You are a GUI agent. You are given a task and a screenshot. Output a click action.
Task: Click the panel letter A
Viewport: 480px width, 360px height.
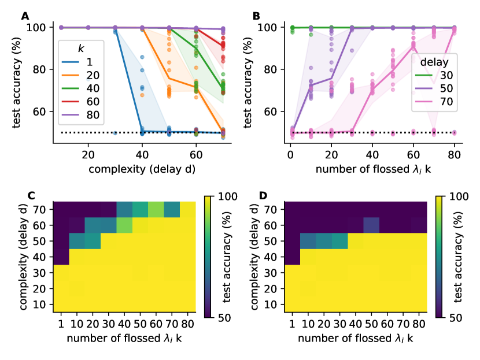pos(25,16)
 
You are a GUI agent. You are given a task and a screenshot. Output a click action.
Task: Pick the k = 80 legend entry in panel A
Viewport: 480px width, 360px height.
pos(83,116)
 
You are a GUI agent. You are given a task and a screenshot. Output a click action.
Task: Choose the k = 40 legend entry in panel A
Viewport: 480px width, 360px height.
pos(83,88)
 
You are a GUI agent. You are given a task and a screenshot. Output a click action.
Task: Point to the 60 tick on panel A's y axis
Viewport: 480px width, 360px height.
pos(40,111)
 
